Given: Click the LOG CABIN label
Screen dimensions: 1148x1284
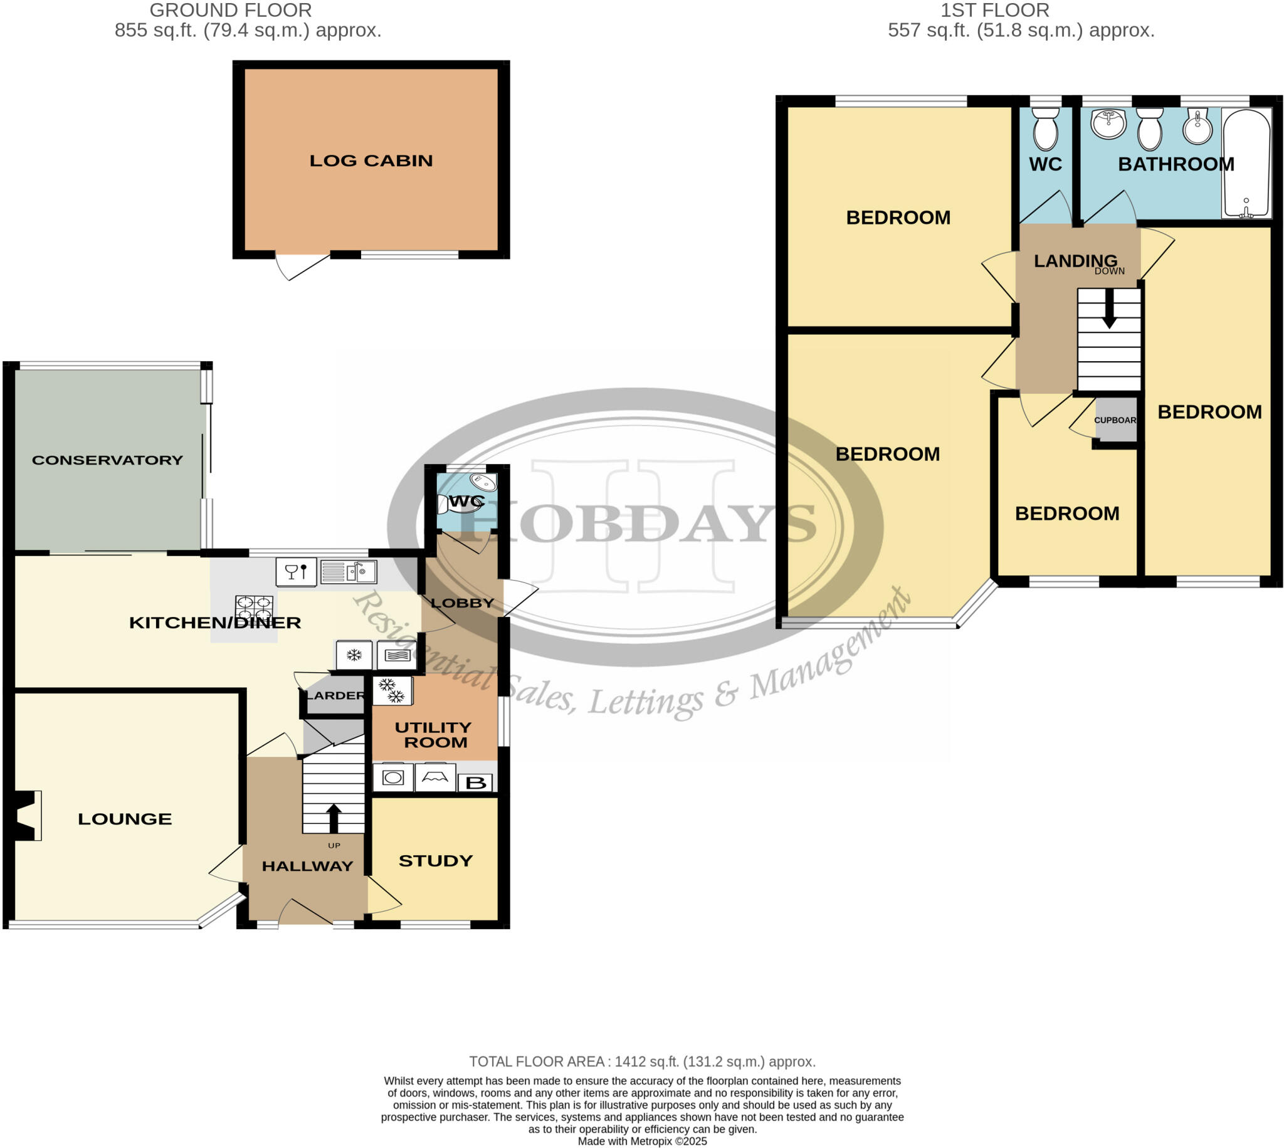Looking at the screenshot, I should [371, 161].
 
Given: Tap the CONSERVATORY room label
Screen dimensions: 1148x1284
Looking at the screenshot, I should [107, 460].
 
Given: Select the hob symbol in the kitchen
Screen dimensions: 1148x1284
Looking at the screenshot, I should [254, 609].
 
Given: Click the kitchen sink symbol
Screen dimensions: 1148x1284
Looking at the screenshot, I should [348, 572].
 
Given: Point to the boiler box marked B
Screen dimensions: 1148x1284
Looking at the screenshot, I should [475, 784].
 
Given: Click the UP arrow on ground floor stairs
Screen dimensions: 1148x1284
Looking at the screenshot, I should [334, 818].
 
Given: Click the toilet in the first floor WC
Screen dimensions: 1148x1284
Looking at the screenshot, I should [1046, 129].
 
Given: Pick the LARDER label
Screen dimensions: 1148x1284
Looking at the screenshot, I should [335, 696].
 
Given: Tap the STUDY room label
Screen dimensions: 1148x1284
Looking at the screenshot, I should [436, 861].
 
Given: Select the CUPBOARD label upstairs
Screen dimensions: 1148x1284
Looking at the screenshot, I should [1115, 420].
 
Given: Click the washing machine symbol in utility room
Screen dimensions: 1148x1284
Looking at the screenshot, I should [393, 777].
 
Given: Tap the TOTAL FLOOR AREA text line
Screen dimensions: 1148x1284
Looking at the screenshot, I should [642, 1061].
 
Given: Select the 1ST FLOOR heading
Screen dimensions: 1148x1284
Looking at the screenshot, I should [994, 11].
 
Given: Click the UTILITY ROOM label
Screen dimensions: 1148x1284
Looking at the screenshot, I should [433, 735].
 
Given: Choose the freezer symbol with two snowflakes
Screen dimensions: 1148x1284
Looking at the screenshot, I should [392, 691].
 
